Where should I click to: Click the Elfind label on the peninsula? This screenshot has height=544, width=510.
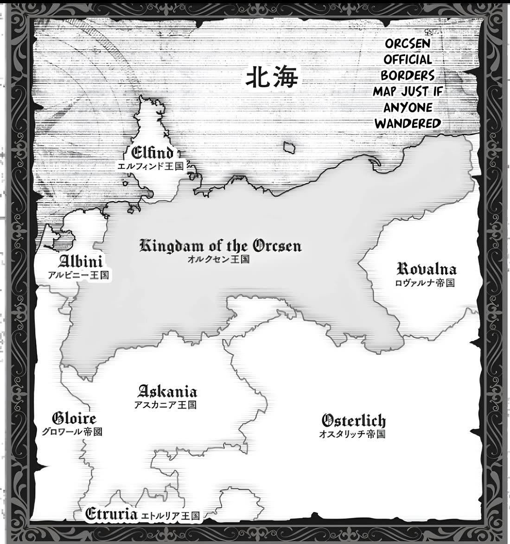(153, 152)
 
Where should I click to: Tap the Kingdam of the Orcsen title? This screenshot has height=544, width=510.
(220, 246)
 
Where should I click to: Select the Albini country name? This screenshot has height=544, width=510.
(81, 261)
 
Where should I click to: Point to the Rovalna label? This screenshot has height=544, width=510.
(427, 269)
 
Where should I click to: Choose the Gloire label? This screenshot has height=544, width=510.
(74, 419)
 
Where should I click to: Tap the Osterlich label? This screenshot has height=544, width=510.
(353, 421)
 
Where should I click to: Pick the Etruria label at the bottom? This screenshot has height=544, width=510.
(112, 514)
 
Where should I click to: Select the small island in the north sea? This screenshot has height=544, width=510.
(291, 147)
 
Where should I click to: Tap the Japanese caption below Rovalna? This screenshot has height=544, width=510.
(424, 282)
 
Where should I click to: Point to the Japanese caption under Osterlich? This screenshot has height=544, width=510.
(352, 434)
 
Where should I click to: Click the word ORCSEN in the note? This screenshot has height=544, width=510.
(402, 44)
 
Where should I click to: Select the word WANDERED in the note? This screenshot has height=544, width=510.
(408, 124)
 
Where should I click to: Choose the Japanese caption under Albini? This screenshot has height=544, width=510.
(78, 275)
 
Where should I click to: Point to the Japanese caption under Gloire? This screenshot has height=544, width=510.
(72, 432)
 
